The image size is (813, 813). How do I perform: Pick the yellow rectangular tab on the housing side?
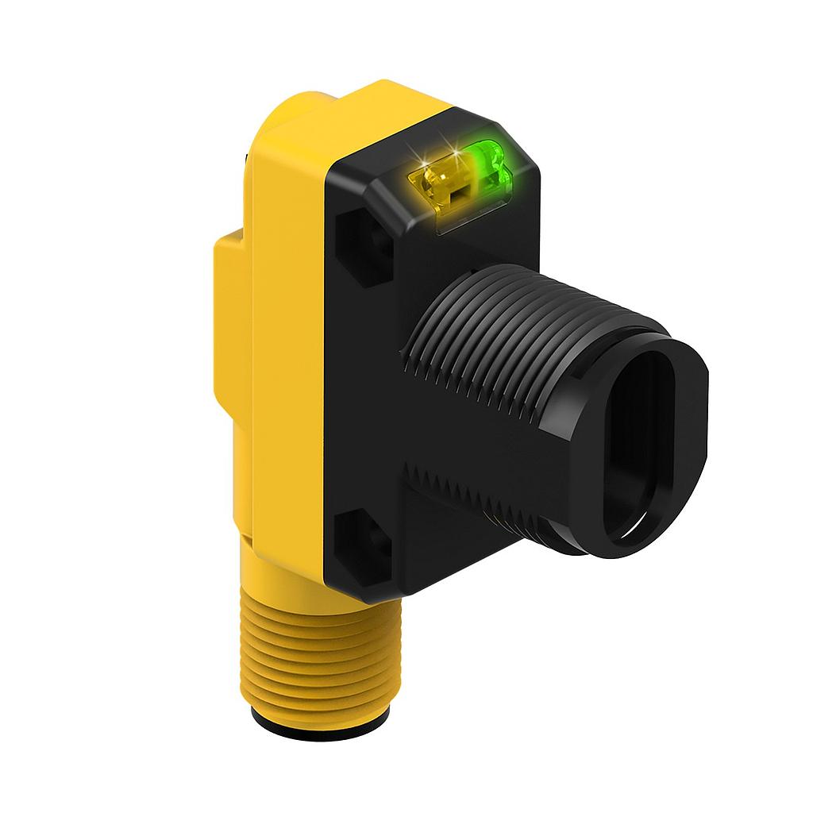(x=230, y=318)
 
